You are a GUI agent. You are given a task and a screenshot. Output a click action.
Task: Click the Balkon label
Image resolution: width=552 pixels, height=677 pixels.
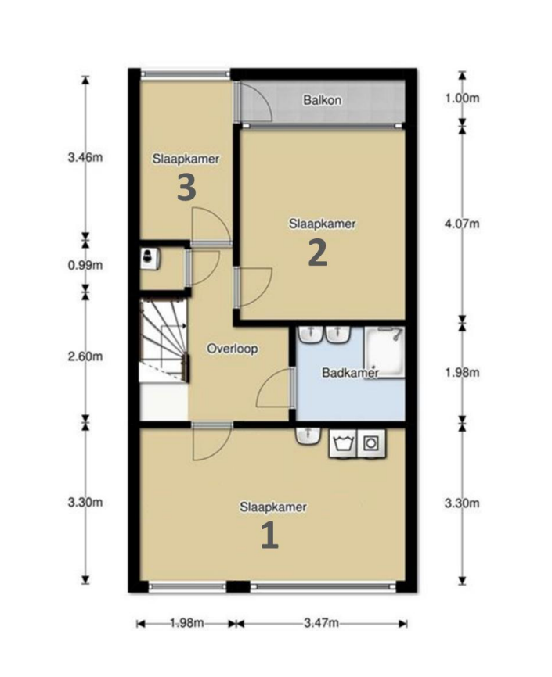[323, 100]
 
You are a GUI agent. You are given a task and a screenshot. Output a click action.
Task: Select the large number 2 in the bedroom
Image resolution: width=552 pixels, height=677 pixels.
[318, 253]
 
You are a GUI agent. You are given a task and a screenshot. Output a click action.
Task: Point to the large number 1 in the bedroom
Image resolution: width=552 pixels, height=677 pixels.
[269, 536]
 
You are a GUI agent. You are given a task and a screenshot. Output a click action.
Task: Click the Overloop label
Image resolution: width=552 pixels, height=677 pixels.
[233, 349]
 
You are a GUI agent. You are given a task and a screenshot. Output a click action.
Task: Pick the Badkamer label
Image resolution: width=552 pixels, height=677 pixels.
[351, 373]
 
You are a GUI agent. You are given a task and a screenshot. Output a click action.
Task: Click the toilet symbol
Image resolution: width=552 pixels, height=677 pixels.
[150, 258]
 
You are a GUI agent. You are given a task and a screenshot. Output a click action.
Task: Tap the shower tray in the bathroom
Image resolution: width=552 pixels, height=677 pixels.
[384, 353]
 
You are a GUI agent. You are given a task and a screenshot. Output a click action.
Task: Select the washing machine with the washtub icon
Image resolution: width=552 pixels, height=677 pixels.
[343, 443]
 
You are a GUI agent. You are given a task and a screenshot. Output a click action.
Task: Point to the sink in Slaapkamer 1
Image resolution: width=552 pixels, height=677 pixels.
[308, 435]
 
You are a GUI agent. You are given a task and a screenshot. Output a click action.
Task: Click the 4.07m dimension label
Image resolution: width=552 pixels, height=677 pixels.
[462, 224]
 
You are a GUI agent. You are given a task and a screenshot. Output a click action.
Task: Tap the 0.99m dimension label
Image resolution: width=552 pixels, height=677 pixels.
[85, 265]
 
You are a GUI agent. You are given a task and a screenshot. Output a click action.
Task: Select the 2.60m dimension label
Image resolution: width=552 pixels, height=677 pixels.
[85, 356]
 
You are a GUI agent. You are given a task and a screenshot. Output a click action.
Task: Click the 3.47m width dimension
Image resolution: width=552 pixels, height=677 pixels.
[321, 623]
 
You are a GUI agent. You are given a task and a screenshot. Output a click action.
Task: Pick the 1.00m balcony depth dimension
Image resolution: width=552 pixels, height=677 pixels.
[462, 98]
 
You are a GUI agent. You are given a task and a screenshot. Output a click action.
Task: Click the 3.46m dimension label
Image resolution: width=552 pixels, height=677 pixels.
[85, 157]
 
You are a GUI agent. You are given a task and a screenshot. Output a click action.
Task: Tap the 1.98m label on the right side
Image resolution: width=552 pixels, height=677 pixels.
[462, 372]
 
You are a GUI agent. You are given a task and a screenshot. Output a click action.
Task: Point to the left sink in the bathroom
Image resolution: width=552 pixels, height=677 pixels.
[310, 335]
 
